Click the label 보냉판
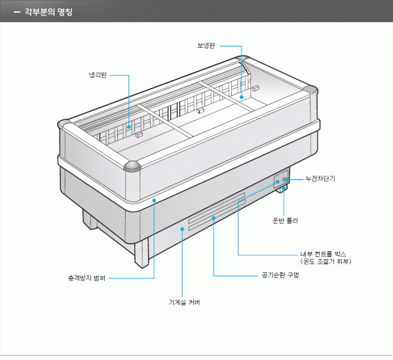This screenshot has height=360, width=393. (206, 46)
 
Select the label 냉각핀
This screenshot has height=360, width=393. (98, 75)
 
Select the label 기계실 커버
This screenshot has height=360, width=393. (183, 302)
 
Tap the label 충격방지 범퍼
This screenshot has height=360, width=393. (86, 278)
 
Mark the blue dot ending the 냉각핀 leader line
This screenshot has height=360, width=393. (129, 125)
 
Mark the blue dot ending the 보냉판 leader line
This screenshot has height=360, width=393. (242, 96)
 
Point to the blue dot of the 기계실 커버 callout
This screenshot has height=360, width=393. (183, 230)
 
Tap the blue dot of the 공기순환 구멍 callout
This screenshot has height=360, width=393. (214, 217)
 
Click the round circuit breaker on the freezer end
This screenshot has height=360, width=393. (285, 179)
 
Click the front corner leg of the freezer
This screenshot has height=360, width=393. (141, 252)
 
